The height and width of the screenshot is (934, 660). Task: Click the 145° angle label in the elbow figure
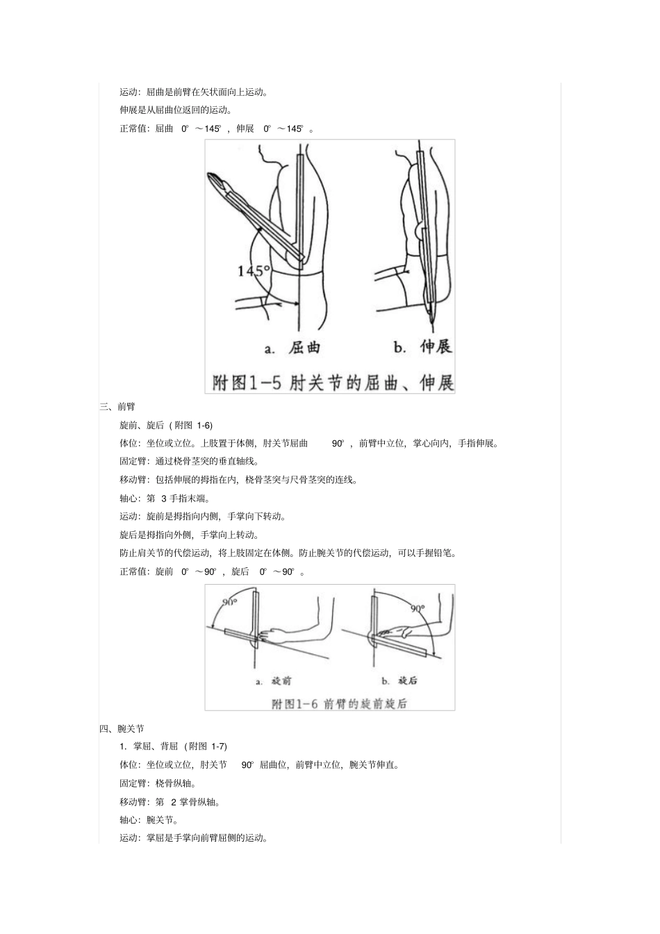(x=253, y=271)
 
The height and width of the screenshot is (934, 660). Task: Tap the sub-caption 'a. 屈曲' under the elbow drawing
(x=292, y=347)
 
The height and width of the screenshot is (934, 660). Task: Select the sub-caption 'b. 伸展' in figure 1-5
(x=422, y=347)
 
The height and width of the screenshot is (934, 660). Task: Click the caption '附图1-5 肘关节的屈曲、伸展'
(x=332, y=382)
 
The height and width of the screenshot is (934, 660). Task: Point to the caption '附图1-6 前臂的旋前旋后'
(x=339, y=703)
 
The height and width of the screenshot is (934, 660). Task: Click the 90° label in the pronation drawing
(x=230, y=602)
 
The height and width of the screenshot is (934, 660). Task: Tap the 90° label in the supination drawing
(x=418, y=608)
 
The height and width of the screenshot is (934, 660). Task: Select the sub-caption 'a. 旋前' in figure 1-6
(x=273, y=681)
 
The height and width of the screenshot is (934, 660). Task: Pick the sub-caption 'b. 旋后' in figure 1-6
(x=399, y=681)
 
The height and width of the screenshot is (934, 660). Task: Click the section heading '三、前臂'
(x=117, y=407)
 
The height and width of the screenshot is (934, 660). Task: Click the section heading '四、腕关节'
(x=122, y=728)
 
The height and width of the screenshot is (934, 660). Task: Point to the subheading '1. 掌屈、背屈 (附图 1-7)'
(x=173, y=747)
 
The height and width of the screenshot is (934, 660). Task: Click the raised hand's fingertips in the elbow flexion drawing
(x=216, y=182)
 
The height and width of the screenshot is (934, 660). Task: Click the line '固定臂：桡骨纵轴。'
(x=158, y=783)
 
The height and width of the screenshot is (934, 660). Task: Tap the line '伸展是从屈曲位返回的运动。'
(x=176, y=110)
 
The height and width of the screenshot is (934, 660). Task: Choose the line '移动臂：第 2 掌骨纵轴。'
(x=170, y=802)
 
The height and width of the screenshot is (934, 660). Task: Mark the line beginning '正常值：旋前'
(x=212, y=572)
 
